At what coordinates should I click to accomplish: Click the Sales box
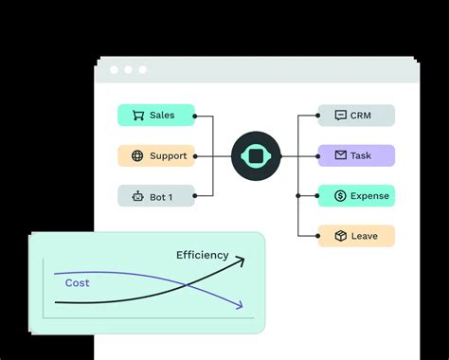pyautogui.click(x=156, y=116)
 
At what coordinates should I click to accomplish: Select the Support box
pyautogui.click(x=156, y=155)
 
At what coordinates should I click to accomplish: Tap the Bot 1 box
pyautogui.click(x=156, y=196)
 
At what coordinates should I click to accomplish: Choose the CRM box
pyautogui.click(x=356, y=116)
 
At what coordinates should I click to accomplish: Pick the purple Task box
pyautogui.click(x=356, y=155)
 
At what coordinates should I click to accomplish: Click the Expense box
pyautogui.click(x=356, y=196)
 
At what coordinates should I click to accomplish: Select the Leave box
pyautogui.click(x=356, y=236)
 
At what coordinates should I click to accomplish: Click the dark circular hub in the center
pyautogui.click(x=255, y=156)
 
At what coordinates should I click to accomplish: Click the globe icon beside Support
pyautogui.click(x=136, y=155)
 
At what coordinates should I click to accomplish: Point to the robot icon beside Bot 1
pyautogui.click(x=136, y=197)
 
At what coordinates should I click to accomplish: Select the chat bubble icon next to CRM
pyautogui.click(x=340, y=116)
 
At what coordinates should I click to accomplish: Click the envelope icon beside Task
pyautogui.click(x=340, y=155)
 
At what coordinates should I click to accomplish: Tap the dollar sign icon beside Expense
pyautogui.click(x=340, y=196)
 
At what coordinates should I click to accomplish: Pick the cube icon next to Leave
pyautogui.click(x=340, y=236)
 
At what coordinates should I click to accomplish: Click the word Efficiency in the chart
pyautogui.click(x=202, y=255)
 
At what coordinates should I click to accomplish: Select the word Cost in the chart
pyautogui.click(x=78, y=282)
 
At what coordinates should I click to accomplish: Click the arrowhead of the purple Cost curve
pyautogui.click(x=241, y=305)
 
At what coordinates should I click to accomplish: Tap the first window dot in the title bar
pyautogui.click(x=114, y=70)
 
